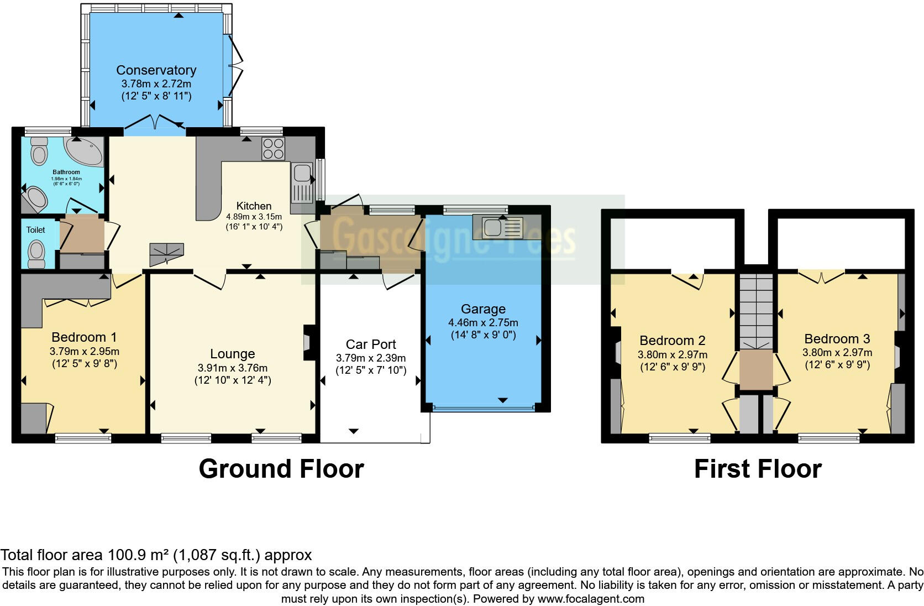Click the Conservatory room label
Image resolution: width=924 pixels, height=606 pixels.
pos(156,70)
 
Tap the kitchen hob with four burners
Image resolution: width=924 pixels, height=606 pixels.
pos(273,148)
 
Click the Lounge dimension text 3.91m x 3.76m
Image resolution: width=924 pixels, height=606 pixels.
pos(232,368)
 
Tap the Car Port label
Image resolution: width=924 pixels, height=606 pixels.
pos(371,344)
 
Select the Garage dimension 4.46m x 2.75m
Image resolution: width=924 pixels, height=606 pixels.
pos(483,322)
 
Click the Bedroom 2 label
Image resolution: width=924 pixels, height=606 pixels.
pos(672,341)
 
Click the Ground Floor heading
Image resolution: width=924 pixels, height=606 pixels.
pos(281,469)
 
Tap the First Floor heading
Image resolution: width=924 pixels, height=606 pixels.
pos(757,469)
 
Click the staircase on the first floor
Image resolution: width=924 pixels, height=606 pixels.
pos(755,310)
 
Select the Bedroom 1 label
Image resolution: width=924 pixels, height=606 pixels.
pos(84,337)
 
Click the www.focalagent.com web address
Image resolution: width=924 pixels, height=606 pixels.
pos(590,599)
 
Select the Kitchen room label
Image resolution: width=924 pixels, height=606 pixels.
pos(254,206)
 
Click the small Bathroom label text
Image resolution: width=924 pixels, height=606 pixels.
pos(66,173)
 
